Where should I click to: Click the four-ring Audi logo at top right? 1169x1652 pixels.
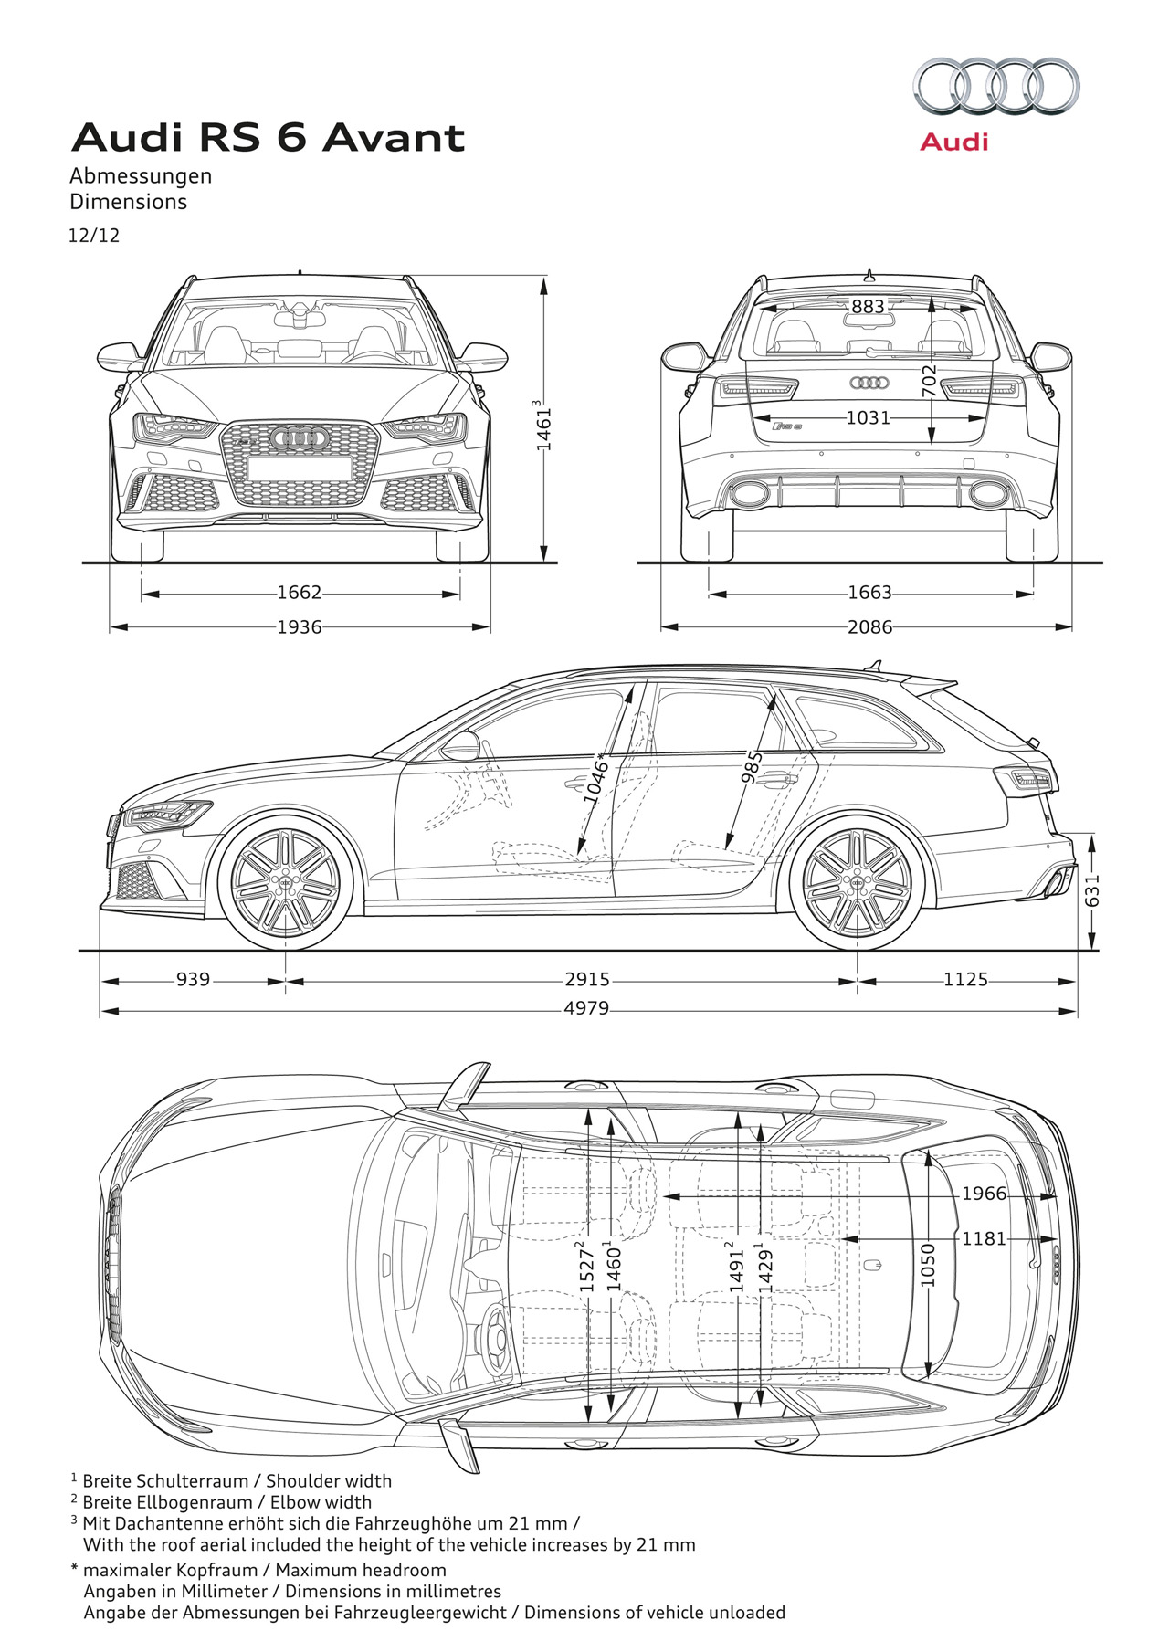coord(996,87)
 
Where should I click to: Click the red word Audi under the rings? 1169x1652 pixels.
coord(953,142)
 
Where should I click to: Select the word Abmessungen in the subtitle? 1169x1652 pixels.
coord(141,175)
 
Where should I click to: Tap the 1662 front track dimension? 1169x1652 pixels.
coord(300,594)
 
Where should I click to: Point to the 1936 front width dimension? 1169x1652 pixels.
coord(300,627)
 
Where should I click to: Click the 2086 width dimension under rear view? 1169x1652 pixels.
coord(869,627)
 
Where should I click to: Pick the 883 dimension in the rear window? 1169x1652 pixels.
coord(868,307)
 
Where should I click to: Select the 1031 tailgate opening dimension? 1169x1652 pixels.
coord(868,418)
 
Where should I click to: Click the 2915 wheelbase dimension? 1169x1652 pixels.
coord(586,980)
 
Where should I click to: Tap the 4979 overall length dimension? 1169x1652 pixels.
coord(586,1010)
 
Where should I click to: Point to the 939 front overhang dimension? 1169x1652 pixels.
coord(193,980)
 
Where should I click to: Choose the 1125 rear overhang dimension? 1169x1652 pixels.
coord(965,980)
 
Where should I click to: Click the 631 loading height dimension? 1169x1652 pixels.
coord(1092,890)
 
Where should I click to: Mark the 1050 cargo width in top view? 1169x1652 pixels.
coord(928,1265)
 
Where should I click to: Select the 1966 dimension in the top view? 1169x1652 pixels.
coord(984,1194)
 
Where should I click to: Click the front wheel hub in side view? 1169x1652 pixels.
coord(286,883)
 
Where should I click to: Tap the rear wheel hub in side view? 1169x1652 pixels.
coord(857,883)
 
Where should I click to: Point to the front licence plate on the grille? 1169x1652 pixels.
coord(300,468)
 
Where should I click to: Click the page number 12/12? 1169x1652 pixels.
coord(94,236)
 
